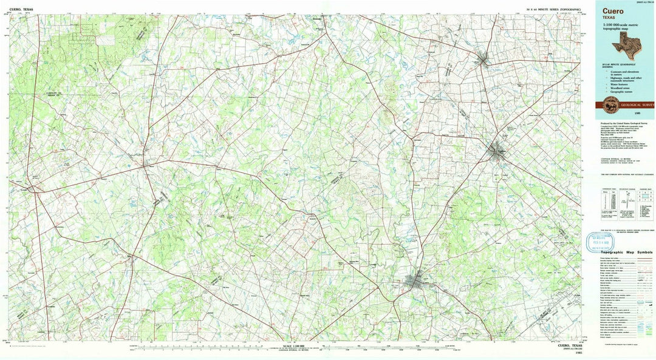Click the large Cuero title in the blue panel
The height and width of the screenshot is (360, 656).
tap(613, 10)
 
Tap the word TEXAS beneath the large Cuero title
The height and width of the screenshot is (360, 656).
tap(610, 18)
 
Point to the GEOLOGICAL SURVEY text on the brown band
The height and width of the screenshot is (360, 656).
tap(635, 104)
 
